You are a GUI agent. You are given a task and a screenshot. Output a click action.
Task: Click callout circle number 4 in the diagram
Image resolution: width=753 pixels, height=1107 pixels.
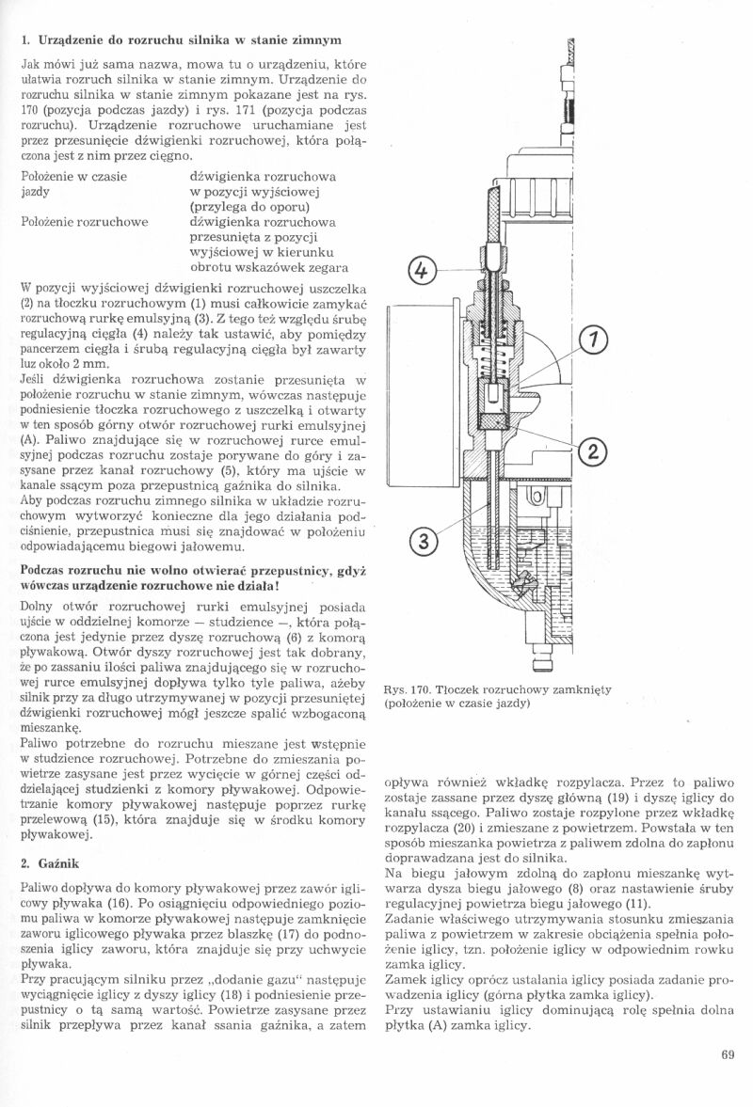pyautogui.click(x=423, y=272)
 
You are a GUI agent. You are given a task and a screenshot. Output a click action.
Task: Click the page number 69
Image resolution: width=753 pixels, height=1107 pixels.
pyautogui.click(x=727, y=1053)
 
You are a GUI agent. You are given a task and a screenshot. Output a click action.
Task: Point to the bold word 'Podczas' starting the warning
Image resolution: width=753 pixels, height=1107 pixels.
pyautogui.click(x=45, y=571)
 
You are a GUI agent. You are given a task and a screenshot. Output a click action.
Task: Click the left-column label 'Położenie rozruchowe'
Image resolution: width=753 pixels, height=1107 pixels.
pyautogui.click(x=84, y=222)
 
